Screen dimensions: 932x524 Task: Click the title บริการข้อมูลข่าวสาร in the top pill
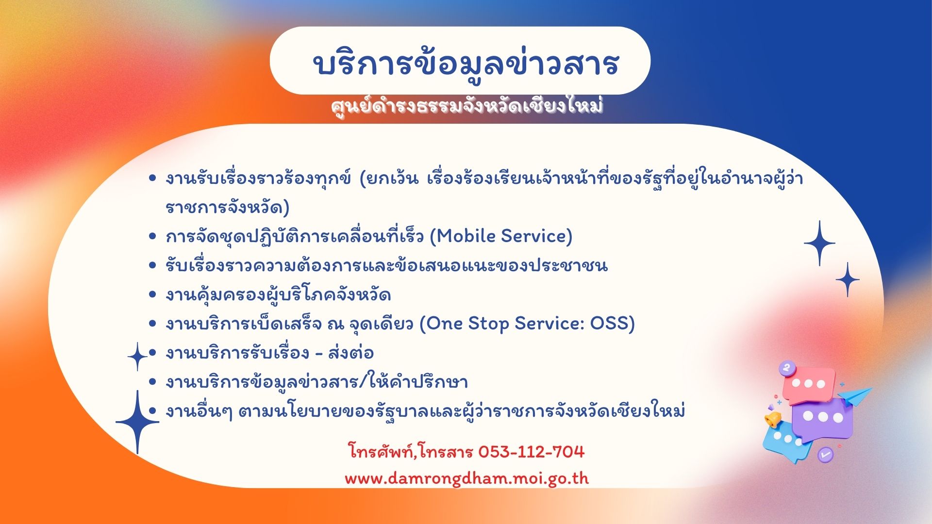(466, 63)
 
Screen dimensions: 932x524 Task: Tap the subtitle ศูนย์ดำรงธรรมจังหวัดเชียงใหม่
(466, 106)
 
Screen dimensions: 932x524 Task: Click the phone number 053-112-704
(531, 452)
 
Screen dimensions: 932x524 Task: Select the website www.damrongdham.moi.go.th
(466, 479)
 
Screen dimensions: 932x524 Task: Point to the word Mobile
(468, 236)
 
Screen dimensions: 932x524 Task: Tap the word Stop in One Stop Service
(488, 324)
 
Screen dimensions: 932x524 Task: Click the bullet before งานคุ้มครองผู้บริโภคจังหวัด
(152, 295)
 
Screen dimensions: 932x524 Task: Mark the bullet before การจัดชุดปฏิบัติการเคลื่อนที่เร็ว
(152, 236)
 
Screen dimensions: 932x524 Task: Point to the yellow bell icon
(773, 419)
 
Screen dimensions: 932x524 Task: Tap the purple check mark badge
(825, 455)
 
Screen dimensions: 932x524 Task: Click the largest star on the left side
(137, 422)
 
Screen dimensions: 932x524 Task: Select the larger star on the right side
(820, 243)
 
